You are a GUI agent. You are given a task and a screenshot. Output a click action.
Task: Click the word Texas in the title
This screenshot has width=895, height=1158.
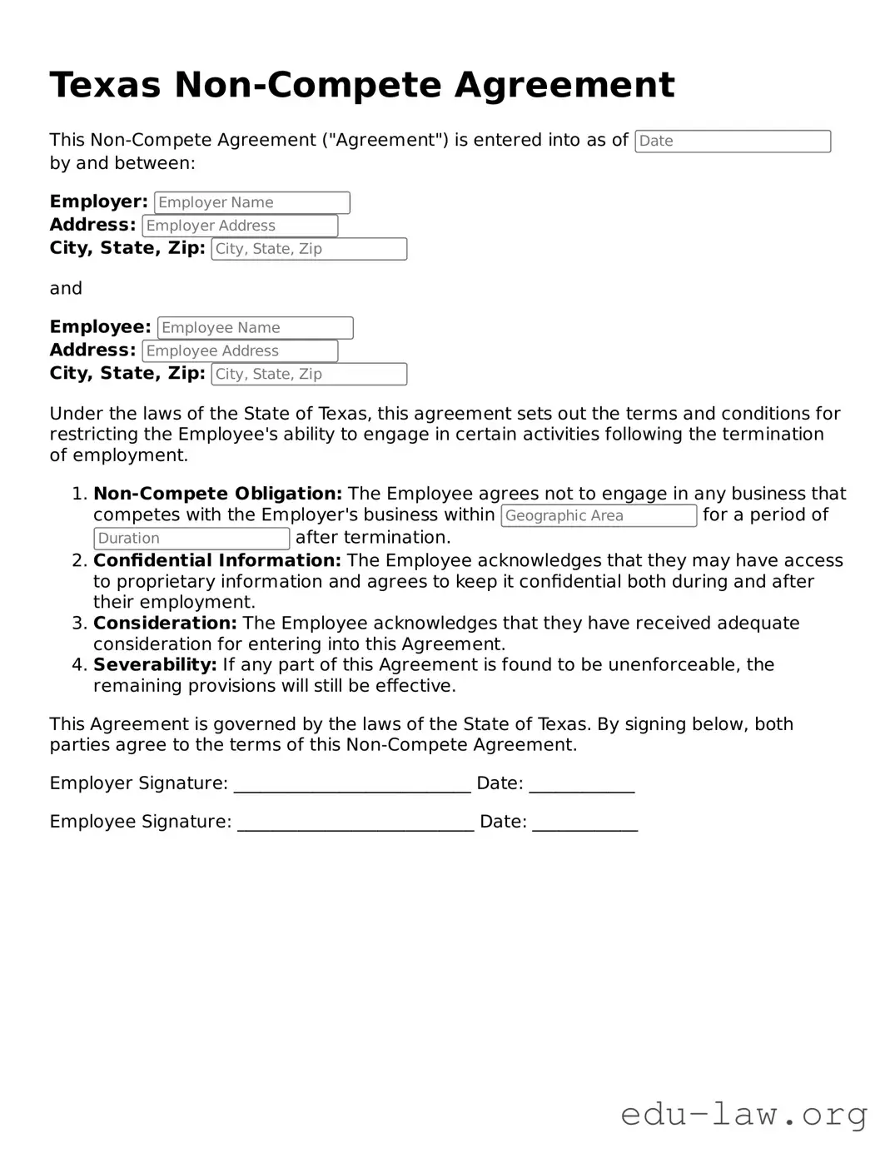coord(105,85)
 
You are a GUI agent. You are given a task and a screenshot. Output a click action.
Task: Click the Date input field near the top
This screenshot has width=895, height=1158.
coord(732,142)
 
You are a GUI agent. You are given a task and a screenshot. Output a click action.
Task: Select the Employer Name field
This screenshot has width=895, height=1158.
coord(252,202)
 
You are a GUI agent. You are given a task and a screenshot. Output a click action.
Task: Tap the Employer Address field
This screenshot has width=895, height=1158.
coord(240,226)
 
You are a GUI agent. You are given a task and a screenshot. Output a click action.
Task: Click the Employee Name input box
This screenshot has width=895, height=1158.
coord(255,328)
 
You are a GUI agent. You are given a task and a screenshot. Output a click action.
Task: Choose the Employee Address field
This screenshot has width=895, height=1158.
coord(240,351)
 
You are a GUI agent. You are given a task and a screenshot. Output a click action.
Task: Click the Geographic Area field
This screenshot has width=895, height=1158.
coord(598,515)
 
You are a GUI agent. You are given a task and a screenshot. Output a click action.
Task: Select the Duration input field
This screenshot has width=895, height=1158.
coord(191,539)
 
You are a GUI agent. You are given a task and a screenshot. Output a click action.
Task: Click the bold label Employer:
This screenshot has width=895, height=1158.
coord(98,201)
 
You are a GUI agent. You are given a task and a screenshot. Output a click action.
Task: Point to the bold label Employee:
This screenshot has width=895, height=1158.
coord(100,327)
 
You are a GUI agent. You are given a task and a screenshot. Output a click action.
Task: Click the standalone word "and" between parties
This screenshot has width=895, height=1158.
coord(66,289)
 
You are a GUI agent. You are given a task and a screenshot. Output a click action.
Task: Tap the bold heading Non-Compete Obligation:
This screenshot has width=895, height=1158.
coord(217,494)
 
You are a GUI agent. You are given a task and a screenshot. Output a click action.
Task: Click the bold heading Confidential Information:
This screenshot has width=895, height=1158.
coord(216,561)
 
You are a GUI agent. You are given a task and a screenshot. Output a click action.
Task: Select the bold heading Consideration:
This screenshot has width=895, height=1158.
coord(165,624)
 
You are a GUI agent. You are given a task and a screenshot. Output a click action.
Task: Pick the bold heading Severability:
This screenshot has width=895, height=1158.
coord(155,665)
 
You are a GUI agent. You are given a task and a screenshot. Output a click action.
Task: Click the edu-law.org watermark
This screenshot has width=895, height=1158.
coord(743,1113)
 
